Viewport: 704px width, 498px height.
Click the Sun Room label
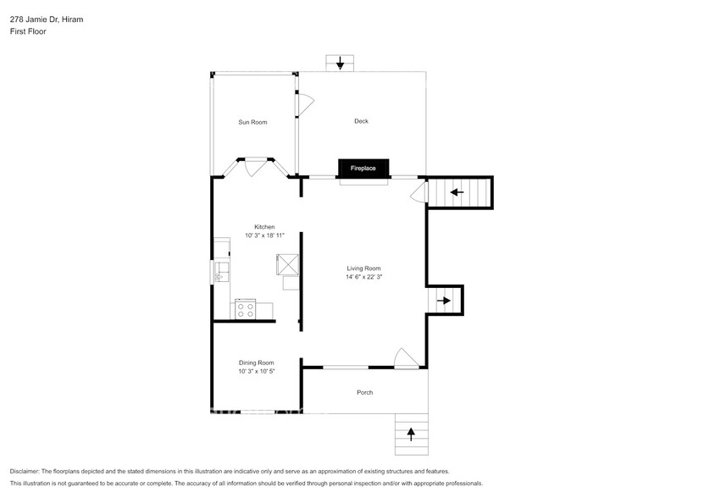click(x=252, y=122)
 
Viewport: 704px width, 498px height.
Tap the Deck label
click(x=361, y=121)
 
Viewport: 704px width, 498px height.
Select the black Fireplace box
click(x=363, y=169)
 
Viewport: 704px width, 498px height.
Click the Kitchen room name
click(x=264, y=227)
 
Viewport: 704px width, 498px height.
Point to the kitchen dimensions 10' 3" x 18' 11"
click(x=264, y=235)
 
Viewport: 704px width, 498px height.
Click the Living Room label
click(x=363, y=268)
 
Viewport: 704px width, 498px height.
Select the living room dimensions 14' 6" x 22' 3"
click(x=363, y=277)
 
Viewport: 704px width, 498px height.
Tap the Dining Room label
click(x=256, y=362)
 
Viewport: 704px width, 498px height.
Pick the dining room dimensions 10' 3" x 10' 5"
click(x=256, y=371)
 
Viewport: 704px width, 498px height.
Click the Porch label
click(x=364, y=392)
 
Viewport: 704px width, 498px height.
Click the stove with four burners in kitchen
click(x=246, y=310)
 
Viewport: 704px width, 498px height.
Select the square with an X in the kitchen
click(x=288, y=265)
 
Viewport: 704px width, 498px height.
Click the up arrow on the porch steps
click(x=412, y=434)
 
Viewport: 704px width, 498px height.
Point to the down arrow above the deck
click(x=340, y=64)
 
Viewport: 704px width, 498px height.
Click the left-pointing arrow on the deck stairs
click(x=457, y=192)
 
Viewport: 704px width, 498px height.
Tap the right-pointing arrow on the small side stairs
click(x=444, y=300)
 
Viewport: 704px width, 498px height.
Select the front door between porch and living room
click(x=405, y=360)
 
